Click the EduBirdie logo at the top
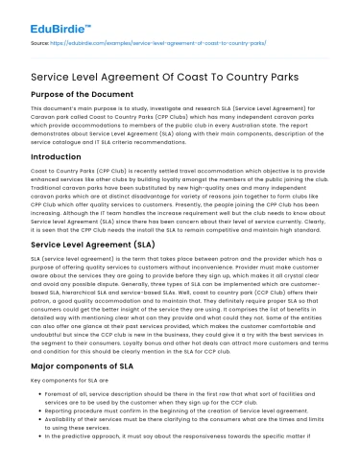[58, 17]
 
